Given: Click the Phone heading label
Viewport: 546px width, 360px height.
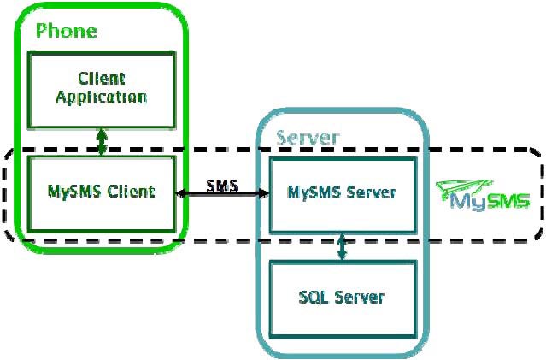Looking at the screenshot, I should (67, 32).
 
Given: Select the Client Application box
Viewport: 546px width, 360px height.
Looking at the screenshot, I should (101, 88).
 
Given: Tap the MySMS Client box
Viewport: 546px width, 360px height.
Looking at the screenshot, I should (102, 191).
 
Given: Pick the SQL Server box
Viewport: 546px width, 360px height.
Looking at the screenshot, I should (342, 297).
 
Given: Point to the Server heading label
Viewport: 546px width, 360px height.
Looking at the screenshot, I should (308, 138).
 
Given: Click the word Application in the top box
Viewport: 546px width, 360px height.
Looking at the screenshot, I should (101, 97).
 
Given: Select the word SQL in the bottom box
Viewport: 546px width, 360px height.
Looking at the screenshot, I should (313, 297).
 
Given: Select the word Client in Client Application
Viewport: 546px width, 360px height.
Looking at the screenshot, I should (101, 79).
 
